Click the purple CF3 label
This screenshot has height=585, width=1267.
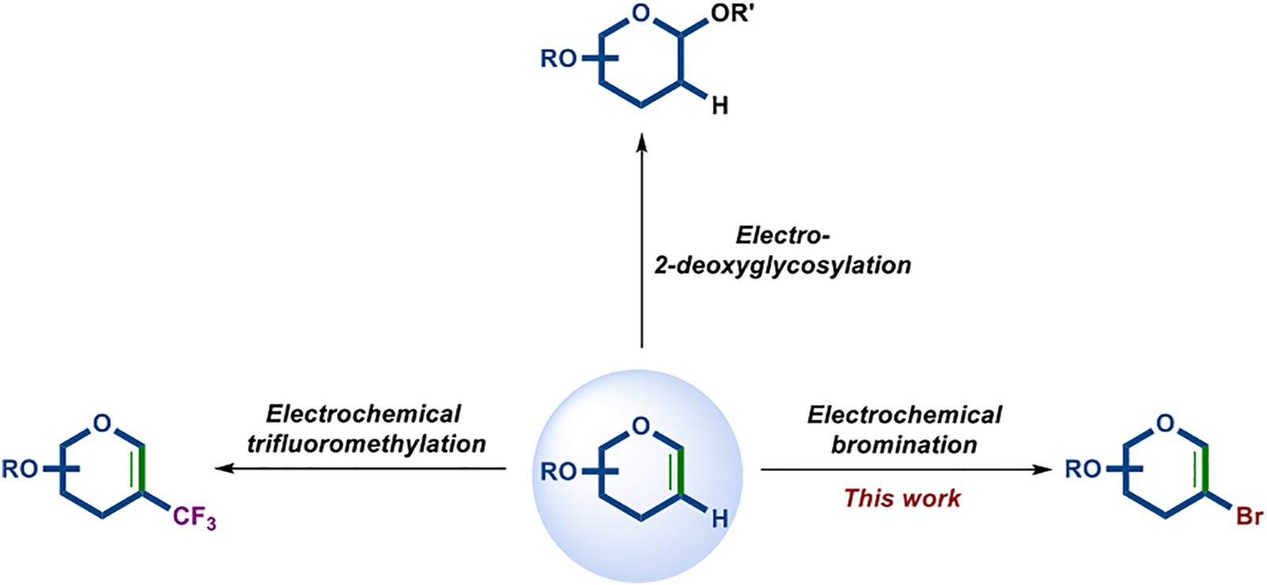[194, 519]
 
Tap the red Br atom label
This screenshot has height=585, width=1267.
[1250, 517]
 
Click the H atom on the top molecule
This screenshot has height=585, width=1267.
[719, 105]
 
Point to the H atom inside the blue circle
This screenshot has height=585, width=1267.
[719, 519]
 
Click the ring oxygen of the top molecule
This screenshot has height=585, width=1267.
[642, 13]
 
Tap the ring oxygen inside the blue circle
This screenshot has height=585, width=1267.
[642, 426]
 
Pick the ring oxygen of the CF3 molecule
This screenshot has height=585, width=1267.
[102, 424]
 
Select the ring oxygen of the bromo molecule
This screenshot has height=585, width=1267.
[1166, 424]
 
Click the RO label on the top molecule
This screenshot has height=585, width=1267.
[559, 59]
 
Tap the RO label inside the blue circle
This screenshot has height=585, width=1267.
[559, 472]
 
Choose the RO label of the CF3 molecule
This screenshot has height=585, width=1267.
[20, 469]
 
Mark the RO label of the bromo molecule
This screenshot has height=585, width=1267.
[1082, 469]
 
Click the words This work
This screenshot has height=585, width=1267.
[902, 498]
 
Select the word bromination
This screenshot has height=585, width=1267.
[903, 445]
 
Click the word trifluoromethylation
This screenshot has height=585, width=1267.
[366, 444]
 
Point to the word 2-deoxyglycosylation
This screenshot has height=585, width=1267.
[782, 264]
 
